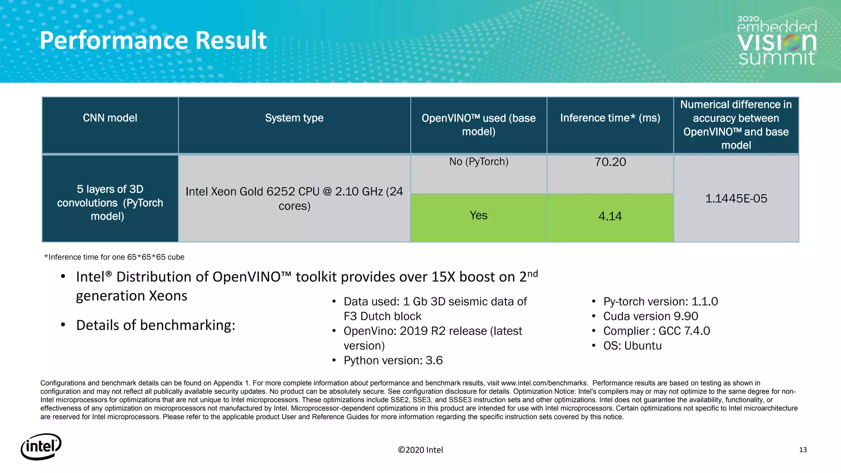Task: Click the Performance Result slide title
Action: point(153,40)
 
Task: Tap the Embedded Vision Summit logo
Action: point(777,41)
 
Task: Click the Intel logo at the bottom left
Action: point(41,446)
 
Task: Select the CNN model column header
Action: point(110,118)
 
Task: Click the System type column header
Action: point(294,118)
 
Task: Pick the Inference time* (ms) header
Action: point(610,118)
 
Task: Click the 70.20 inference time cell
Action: point(610,162)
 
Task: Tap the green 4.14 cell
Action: point(610,216)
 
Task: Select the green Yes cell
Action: point(478,216)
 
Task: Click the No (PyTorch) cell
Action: point(478,162)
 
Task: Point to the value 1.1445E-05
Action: point(736,199)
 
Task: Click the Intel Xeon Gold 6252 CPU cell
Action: point(294,199)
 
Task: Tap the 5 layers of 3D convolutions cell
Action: point(110,203)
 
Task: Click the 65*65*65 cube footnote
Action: point(115,257)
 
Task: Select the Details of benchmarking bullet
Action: point(156,325)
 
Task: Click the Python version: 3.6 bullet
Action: point(393,360)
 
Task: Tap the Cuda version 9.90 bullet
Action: point(650,316)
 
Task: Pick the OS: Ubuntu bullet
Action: point(632,346)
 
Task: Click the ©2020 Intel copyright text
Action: point(420,450)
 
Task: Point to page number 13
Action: point(803,450)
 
